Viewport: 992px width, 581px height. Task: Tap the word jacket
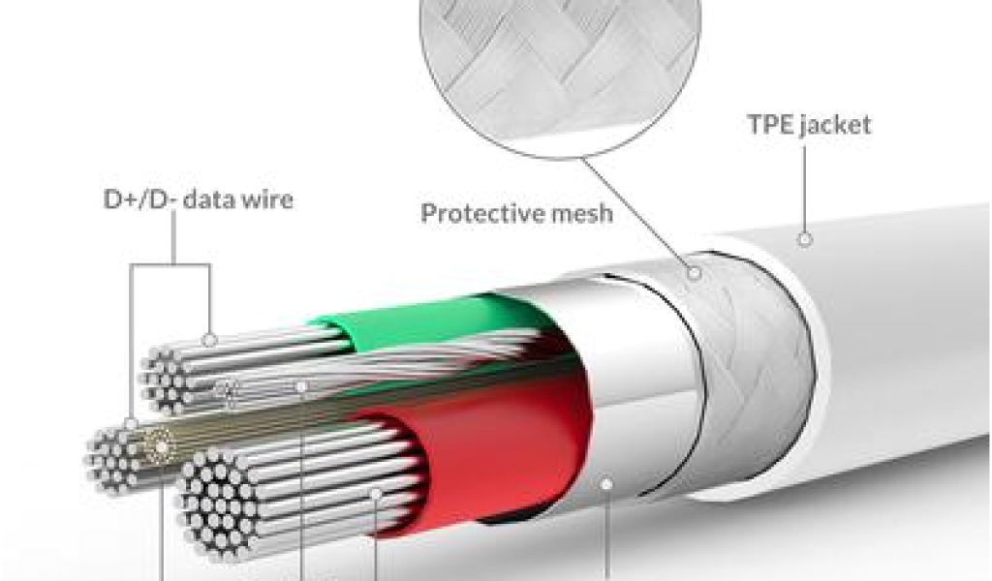tap(836, 126)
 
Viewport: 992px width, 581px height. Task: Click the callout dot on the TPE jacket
tap(804, 239)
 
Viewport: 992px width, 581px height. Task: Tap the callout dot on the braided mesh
tap(694, 274)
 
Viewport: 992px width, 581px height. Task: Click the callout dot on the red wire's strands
tap(375, 494)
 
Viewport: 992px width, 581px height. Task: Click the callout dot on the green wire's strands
tap(210, 340)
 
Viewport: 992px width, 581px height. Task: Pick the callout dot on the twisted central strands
tap(302, 387)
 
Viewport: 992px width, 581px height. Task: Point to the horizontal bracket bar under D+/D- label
tap(171, 265)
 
